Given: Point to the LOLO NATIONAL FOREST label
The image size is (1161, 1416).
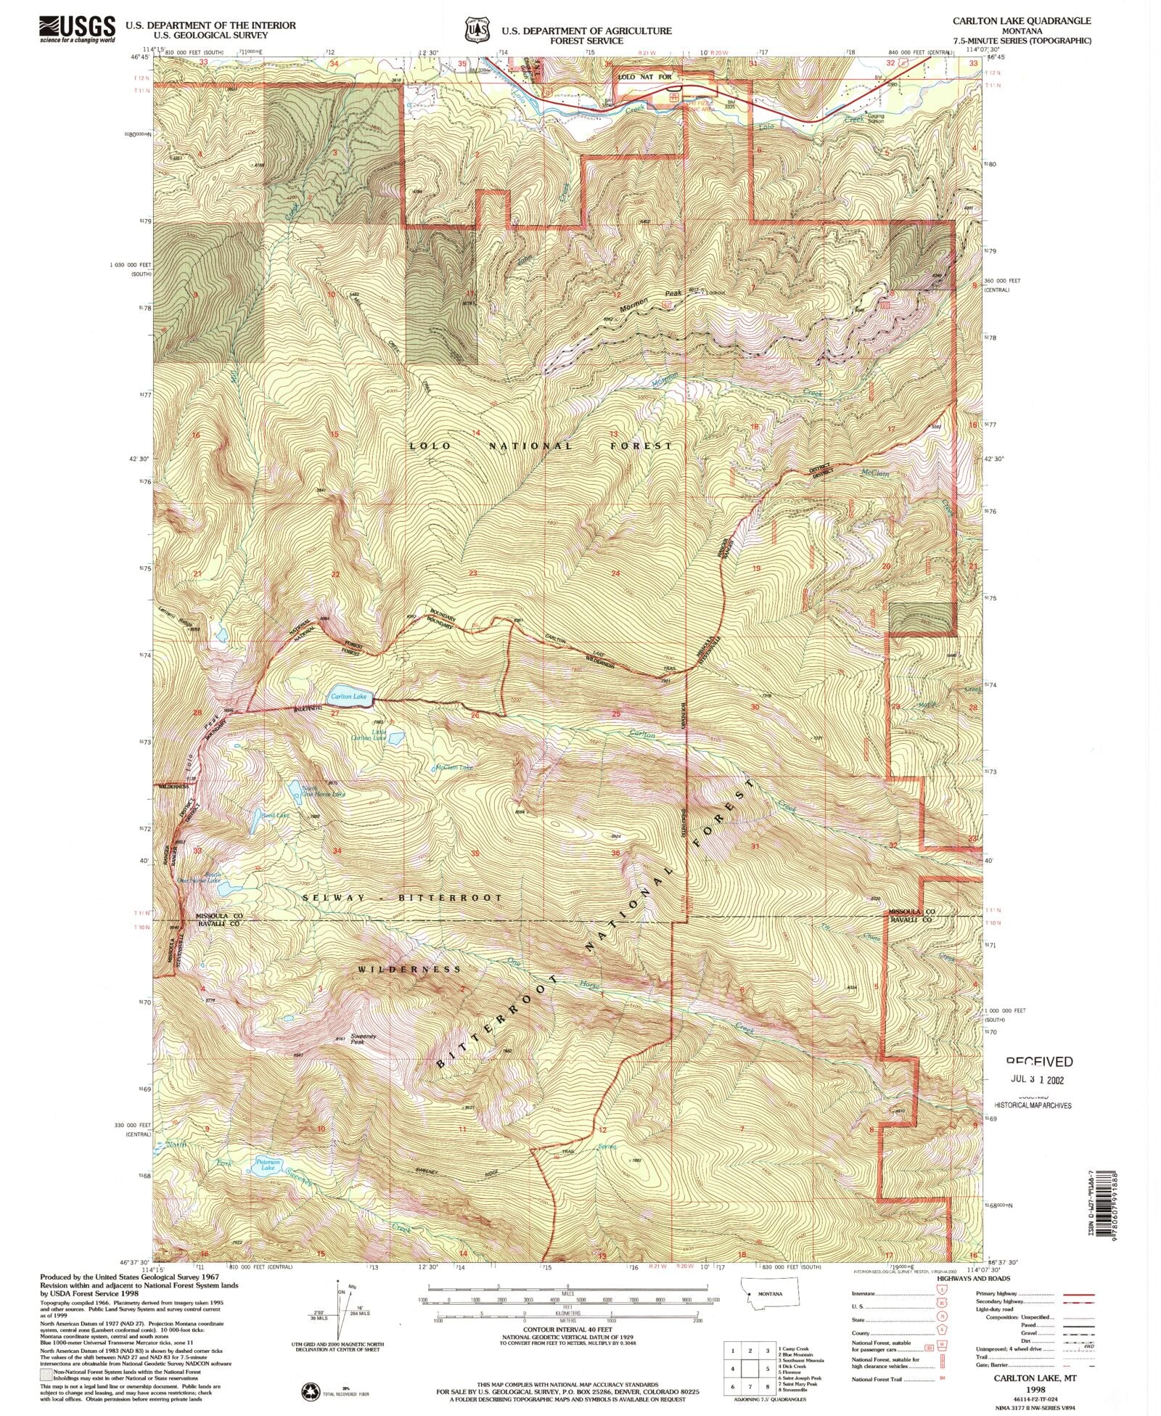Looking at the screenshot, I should [x=541, y=446].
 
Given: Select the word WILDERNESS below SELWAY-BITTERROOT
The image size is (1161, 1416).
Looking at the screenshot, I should [x=409, y=969].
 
